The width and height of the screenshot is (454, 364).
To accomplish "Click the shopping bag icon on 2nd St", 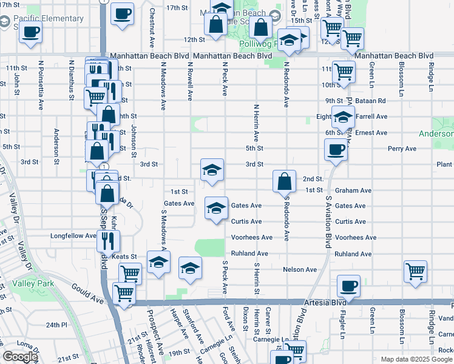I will [284, 181].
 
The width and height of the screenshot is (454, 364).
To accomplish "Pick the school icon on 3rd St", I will [212, 170].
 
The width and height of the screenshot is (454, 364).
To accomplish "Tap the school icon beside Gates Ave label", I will [216, 209].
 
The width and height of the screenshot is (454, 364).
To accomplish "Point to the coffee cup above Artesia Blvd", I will [348, 286].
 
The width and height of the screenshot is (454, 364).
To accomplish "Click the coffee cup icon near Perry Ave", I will [335, 149].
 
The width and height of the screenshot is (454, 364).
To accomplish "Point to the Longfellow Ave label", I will [73, 236].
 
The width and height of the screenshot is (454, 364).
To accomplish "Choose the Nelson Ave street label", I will [300, 269].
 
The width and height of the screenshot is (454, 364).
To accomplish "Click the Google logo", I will [20, 357].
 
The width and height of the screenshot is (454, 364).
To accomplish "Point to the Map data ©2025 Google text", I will [416, 359].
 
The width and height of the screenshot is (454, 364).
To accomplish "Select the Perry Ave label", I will [402, 149].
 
